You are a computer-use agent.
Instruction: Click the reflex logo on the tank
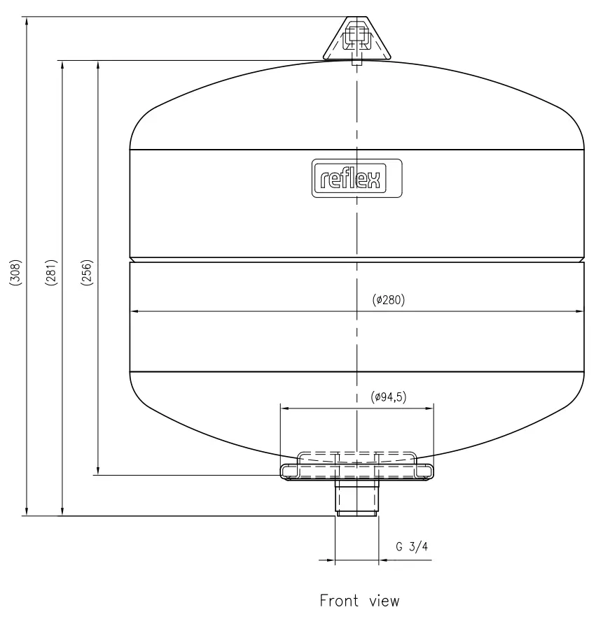tap(356, 178)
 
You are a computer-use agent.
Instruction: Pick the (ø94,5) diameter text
tap(389, 397)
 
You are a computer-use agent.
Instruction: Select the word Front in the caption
tap(341, 600)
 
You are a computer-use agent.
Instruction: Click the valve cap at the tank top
tap(356, 38)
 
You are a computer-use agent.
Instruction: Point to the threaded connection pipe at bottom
tap(356, 498)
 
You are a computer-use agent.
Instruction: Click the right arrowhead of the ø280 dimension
tap(581, 311)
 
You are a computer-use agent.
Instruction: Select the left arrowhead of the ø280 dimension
tap(134, 311)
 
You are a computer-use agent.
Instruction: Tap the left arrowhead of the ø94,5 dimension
tap(283, 408)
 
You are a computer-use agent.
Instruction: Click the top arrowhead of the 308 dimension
tap(27, 22)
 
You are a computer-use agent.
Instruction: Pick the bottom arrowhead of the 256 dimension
tap(98, 471)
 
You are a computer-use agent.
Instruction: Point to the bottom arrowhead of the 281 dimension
tap(63, 512)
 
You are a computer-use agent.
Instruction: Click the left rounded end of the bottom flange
tap(284, 471)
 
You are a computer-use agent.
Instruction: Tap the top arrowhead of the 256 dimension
tap(98, 64)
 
